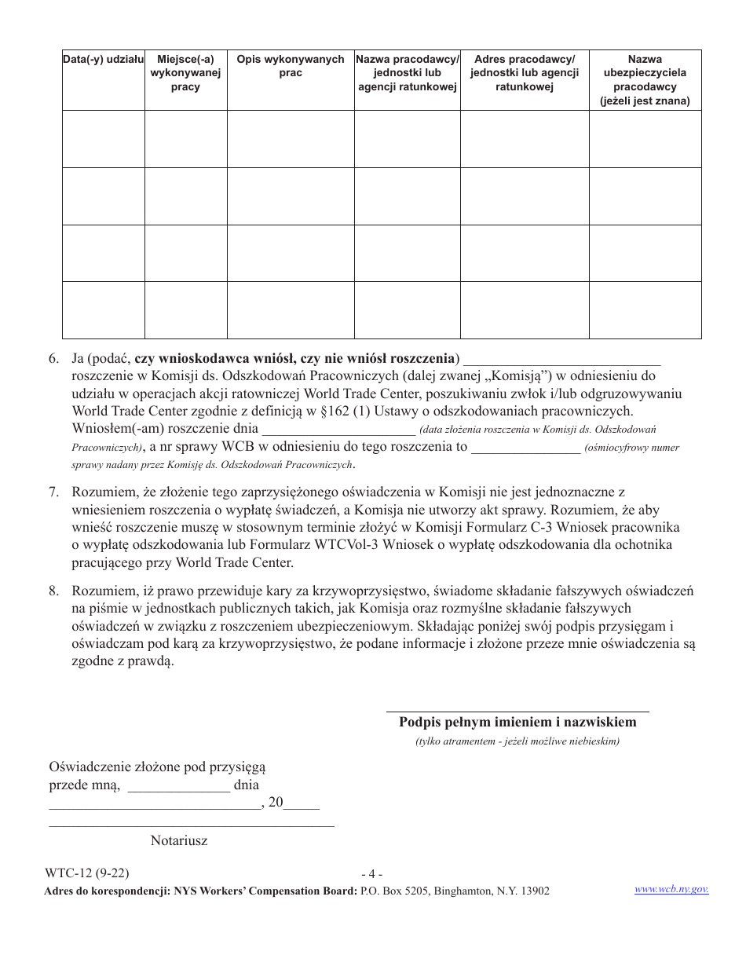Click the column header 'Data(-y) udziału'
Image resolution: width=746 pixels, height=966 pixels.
[x=103, y=60]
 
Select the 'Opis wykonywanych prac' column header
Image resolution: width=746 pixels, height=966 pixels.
[x=290, y=66]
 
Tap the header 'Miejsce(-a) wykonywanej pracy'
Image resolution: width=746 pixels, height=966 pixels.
[x=185, y=73]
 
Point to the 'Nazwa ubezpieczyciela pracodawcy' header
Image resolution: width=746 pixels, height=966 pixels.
[x=645, y=80]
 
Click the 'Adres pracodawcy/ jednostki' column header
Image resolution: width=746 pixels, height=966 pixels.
[x=524, y=73]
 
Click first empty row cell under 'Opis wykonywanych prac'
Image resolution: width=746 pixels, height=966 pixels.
[x=290, y=139]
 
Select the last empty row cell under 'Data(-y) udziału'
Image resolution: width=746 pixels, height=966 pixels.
[x=103, y=309]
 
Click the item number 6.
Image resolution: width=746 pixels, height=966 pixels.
[x=53, y=359]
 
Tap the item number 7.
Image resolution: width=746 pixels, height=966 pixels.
[x=53, y=492]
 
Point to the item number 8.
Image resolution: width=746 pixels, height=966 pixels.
[x=53, y=591]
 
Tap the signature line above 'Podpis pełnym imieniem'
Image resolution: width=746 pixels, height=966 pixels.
[x=517, y=709]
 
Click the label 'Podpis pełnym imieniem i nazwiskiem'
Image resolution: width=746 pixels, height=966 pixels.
[x=517, y=723]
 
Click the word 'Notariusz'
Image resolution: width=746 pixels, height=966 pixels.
[x=179, y=840]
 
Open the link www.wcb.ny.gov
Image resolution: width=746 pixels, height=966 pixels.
[x=671, y=889]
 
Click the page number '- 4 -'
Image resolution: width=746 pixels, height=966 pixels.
[x=371, y=874]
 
